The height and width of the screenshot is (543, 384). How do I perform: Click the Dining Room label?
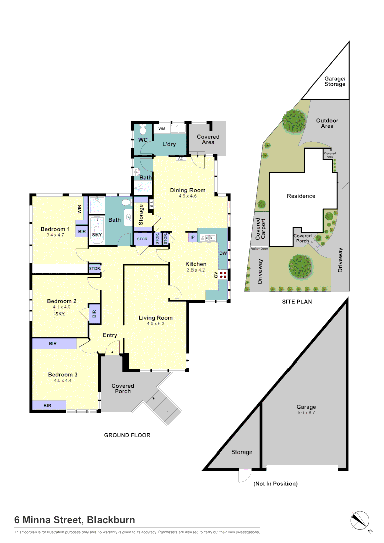(x=187, y=190)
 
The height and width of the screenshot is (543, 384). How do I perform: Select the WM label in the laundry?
(x=162, y=129)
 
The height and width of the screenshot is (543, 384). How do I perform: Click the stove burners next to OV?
(x=223, y=275)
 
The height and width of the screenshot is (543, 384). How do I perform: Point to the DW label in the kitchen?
(x=223, y=253)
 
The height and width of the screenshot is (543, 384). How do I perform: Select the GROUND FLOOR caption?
(x=127, y=435)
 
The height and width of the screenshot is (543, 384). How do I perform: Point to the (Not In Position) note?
(x=275, y=484)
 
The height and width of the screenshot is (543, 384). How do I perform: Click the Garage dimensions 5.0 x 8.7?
(x=306, y=413)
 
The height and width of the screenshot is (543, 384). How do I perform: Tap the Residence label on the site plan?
(x=301, y=196)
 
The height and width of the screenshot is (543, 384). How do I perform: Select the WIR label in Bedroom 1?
(x=80, y=209)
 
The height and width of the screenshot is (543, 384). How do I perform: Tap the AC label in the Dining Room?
(x=181, y=159)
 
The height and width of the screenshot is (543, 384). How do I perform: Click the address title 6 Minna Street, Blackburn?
(x=74, y=520)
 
